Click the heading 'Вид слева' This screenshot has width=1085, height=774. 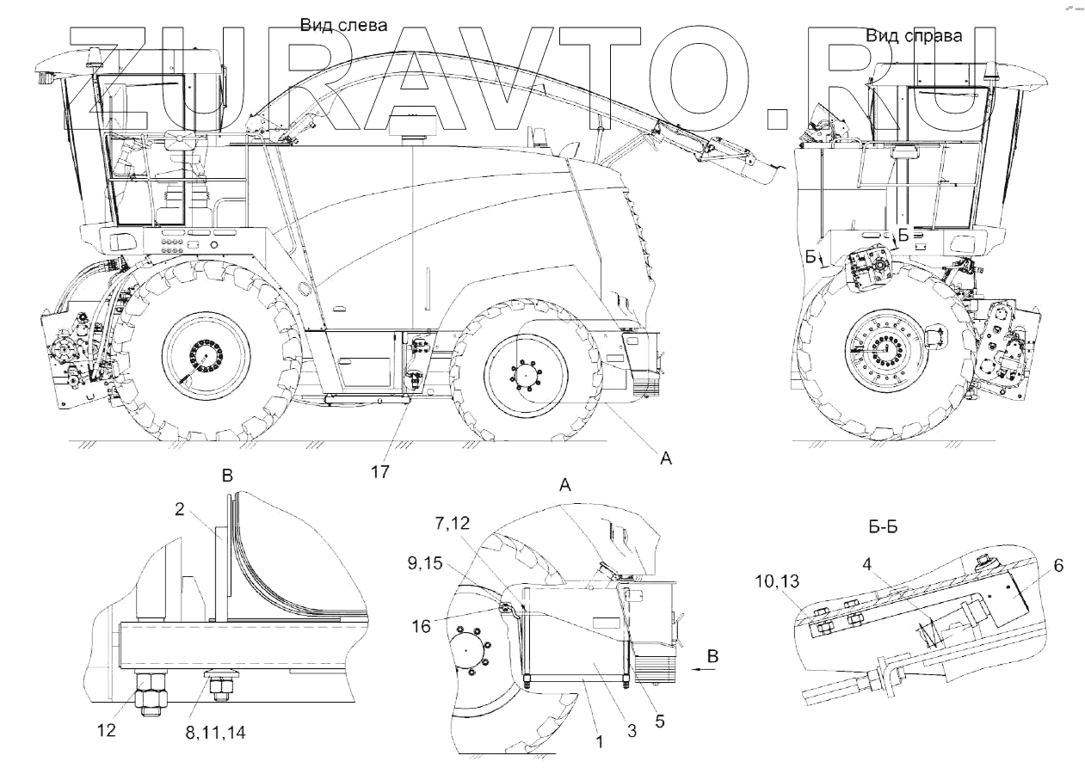click(344, 26)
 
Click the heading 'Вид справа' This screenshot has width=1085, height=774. click(914, 36)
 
